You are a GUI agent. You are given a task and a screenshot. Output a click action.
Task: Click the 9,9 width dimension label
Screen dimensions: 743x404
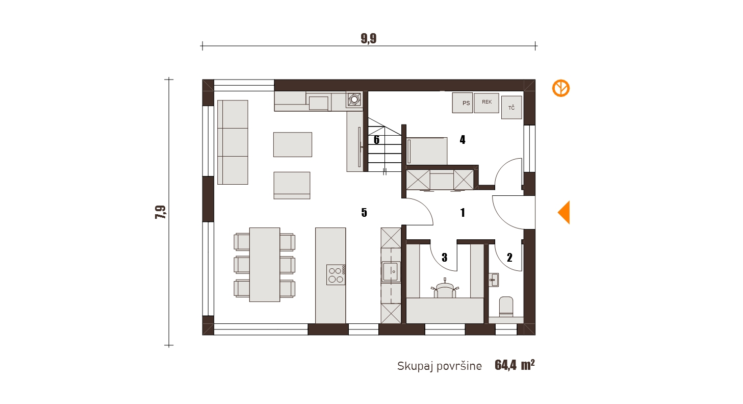pos(369,38)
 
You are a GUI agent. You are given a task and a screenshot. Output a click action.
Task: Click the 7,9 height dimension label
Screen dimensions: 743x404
pos(160,212)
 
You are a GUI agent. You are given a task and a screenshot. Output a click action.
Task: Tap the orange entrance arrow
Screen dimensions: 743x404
pos(563,212)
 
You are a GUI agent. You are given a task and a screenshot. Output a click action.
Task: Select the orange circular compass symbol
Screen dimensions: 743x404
pos(560,88)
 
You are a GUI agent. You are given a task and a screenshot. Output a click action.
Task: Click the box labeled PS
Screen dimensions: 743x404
pos(463,103)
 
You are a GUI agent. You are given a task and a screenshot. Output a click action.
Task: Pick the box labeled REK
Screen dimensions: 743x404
pos(486,103)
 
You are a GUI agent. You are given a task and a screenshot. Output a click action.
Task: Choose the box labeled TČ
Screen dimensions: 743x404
pos(511,108)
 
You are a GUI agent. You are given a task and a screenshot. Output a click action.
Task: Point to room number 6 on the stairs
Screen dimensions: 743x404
pos(376,140)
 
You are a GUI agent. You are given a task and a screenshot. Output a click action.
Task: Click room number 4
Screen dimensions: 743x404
pos(463,140)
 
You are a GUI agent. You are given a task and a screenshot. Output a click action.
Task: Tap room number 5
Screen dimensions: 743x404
pos(364,213)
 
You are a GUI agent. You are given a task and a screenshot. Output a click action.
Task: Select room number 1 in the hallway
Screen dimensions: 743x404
pos(463,213)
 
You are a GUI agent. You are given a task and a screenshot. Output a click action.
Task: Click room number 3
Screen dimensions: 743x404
pos(445,258)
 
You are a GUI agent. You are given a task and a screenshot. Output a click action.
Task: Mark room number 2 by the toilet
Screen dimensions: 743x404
pos(509,258)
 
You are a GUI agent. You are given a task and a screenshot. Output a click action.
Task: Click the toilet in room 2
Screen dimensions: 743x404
pos(506,307)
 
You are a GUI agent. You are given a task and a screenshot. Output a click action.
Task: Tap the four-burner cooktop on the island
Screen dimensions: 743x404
pos(336,274)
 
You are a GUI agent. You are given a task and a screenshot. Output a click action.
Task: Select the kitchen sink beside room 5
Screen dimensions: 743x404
pos(391,272)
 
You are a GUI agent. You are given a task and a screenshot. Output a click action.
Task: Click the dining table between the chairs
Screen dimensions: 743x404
pos(265,265)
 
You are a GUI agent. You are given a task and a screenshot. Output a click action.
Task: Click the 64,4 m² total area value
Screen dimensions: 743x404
pos(515,365)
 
